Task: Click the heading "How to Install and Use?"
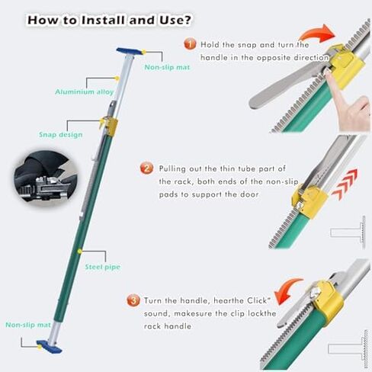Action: [109, 20]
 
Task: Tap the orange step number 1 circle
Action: [190, 44]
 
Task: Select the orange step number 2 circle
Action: [146, 168]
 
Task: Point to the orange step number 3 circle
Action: [133, 300]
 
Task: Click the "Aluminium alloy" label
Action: [85, 91]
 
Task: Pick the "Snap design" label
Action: [60, 134]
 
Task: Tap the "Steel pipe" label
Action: [102, 267]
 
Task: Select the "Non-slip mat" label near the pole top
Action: [167, 67]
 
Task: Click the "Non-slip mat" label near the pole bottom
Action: [28, 325]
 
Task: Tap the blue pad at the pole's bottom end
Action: [50, 347]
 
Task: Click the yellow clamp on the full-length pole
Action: [110, 127]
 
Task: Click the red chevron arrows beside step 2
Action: [345, 184]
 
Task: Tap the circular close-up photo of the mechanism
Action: [45, 177]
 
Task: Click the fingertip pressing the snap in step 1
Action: [329, 73]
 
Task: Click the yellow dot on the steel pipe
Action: [80, 252]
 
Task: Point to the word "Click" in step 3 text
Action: [257, 300]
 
